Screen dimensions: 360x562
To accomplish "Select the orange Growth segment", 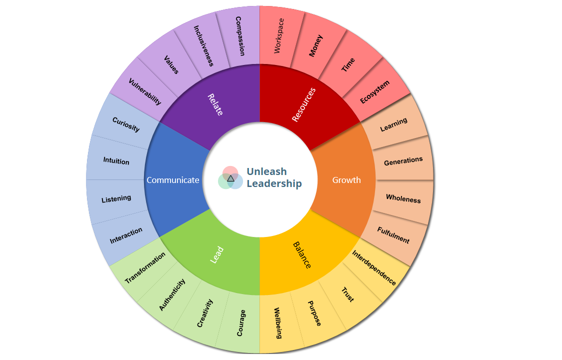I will pos(346,180).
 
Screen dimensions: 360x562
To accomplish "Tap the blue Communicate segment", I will pos(173,180).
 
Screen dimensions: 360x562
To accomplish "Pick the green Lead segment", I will pos(216,256).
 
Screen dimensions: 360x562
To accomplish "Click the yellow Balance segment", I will pos(301,255).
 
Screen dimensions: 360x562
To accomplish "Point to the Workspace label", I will pos(279,36).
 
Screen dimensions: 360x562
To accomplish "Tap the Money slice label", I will pos(315,45).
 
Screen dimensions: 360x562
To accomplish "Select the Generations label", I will pos(403,161).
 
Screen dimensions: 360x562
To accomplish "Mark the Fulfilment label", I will pos(393,235).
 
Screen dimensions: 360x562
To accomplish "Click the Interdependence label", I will pos(374,268).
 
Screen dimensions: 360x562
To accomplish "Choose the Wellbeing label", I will pos(278,322).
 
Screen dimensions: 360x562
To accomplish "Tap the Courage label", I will pos(241,322).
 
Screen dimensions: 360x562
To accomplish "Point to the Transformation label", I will pos(145,268).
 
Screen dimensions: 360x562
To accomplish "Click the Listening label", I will pos(116,199).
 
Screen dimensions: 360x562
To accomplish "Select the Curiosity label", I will pos(126,124).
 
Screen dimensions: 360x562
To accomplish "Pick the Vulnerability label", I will pos(145,91).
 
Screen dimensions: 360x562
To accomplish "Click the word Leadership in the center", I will pos(274,183).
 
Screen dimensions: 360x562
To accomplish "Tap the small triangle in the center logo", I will pos(230,178).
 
